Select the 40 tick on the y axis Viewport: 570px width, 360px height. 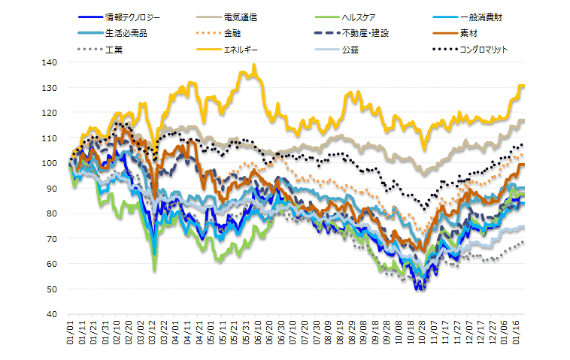coord(53,313)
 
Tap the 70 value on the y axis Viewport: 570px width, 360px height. coord(53,238)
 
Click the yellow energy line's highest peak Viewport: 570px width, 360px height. coord(255,65)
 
